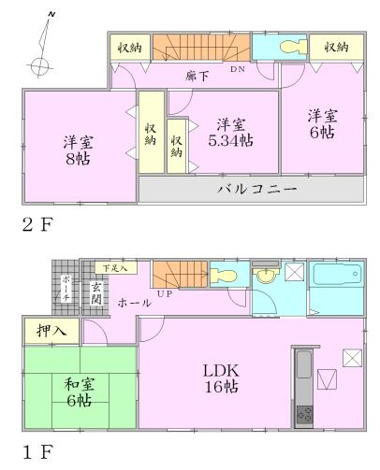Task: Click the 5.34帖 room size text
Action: pyautogui.click(x=231, y=140)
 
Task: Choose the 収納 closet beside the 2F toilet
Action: pyautogui.click(x=338, y=46)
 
